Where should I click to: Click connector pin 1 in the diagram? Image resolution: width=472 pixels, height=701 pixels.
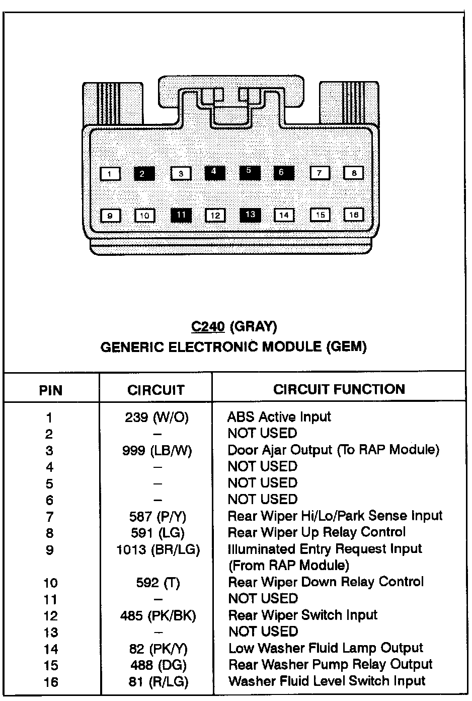(x=110, y=174)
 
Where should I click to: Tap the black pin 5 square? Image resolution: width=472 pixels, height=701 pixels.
(x=249, y=172)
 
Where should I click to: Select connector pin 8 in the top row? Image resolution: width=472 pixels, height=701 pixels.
(x=354, y=173)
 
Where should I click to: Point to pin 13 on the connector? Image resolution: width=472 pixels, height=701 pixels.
(x=250, y=215)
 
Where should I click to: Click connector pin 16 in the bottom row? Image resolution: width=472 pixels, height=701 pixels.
(x=354, y=215)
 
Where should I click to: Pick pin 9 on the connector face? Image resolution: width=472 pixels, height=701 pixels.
(x=110, y=216)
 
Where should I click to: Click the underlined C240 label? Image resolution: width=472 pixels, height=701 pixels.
(x=207, y=327)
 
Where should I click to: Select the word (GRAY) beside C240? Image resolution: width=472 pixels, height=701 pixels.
(x=253, y=327)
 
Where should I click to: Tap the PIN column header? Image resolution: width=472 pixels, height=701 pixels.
(x=51, y=390)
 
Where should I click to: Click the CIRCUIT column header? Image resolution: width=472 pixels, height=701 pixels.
(x=156, y=390)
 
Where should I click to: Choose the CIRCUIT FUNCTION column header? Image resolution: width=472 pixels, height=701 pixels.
(x=339, y=389)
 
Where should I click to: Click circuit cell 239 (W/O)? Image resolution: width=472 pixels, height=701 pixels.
(x=156, y=417)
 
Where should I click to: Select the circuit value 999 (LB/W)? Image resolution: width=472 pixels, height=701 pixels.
(x=157, y=450)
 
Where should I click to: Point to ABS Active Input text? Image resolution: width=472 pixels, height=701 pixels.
(x=279, y=417)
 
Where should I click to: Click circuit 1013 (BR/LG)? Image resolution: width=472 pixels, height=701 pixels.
(x=158, y=549)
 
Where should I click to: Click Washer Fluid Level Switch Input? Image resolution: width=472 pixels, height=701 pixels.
(x=327, y=681)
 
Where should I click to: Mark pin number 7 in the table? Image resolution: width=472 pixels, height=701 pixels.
(x=49, y=517)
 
